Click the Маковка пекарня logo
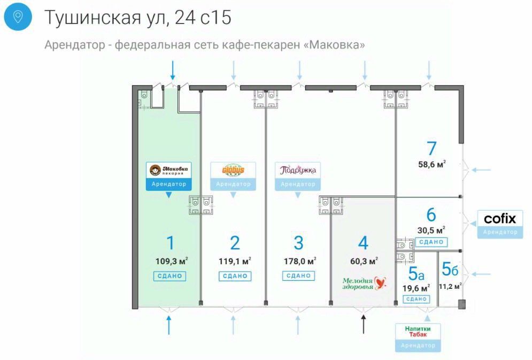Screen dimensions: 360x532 [x=169, y=171]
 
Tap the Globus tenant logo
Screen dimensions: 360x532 [x=233, y=171]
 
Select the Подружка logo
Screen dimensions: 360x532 [x=298, y=171]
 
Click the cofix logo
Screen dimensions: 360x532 [x=500, y=219]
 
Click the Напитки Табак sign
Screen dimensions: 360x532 [x=422, y=331]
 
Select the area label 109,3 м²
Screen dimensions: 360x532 [x=171, y=262]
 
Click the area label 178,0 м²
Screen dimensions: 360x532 [x=299, y=262]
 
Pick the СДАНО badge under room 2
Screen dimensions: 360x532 [x=234, y=276]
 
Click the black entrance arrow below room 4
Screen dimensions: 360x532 [x=364, y=324]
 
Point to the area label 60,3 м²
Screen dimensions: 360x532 [x=364, y=262]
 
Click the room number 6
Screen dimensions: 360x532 [x=431, y=215]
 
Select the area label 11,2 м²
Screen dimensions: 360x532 [x=450, y=286]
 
